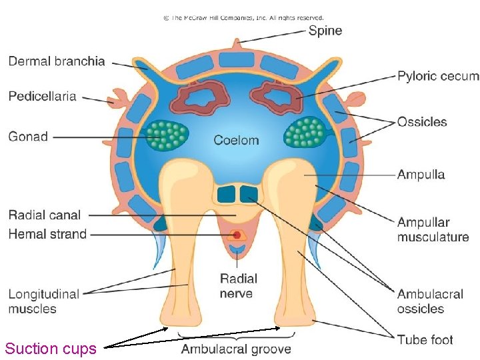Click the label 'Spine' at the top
pos(325,31)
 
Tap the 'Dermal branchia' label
pos(57,61)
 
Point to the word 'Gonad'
pos(28,137)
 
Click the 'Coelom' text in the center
pos(236,140)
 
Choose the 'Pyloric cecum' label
pos(438,76)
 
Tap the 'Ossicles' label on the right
pos(422,122)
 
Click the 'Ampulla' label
pos(421,175)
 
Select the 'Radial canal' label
pos(45,215)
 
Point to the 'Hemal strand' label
pos(47,234)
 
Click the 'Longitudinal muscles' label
pos(43,301)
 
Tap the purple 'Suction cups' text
pos(51,349)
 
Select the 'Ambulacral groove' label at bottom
pos(236,349)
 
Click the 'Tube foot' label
pos(425,340)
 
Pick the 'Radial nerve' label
pos(237,285)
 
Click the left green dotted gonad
pos(167,134)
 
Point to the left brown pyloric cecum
pos(198,99)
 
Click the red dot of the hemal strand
pos(236,235)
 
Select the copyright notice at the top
pos(243,18)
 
